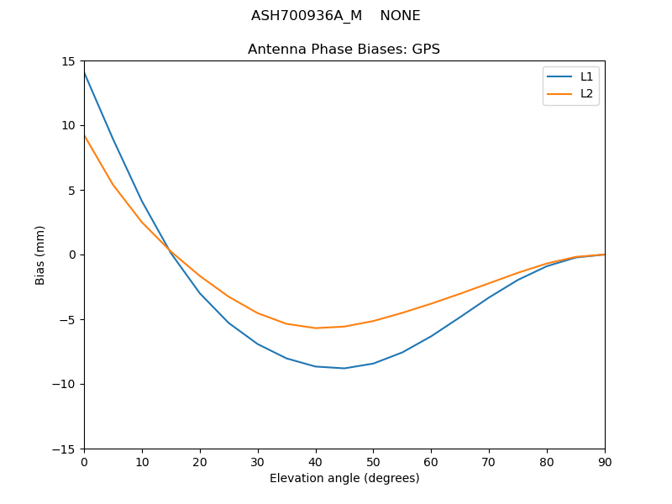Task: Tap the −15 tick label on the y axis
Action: [x=66, y=449]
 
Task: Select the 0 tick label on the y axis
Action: [x=73, y=255]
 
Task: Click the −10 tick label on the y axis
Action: [x=66, y=384]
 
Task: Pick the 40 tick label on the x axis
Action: [x=315, y=461]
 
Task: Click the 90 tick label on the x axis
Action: [x=605, y=461]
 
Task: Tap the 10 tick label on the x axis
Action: [x=142, y=461]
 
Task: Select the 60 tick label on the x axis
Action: [x=431, y=461]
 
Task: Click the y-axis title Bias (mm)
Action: [x=40, y=255]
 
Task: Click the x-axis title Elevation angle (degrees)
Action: [x=344, y=478]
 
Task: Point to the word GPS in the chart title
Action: [x=426, y=50]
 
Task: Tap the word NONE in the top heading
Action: [x=400, y=16]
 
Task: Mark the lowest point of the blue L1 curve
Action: [x=344, y=368]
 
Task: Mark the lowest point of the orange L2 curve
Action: [x=315, y=328]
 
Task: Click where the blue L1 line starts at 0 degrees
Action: [x=84, y=72]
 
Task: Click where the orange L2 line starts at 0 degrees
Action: [x=84, y=135]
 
